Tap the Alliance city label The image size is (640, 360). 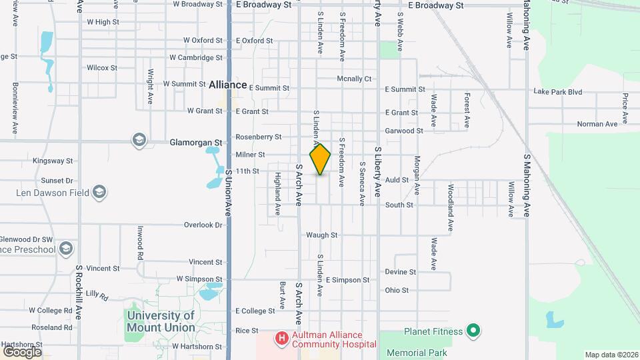tap(227, 85)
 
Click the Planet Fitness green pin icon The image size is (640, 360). tap(473, 330)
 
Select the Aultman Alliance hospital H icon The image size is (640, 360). tap(281, 339)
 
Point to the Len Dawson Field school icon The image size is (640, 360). tap(99, 193)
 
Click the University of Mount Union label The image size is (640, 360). tap(161, 321)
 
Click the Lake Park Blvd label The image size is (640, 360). tap(558, 91)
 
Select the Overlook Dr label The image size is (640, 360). tap(203, 225)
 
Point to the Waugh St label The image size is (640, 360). tap(322, 235)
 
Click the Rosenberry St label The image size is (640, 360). tap(259, 137)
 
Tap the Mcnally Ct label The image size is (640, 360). tap(354, 79)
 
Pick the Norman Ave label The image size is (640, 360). tap(579, 124)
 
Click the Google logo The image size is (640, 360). tap(22, 351)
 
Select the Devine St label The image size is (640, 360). tap(400, 272)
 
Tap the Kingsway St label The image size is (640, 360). tap(52, 161)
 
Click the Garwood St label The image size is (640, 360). tap(404, 131)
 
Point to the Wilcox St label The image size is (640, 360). tap(102, 68)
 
